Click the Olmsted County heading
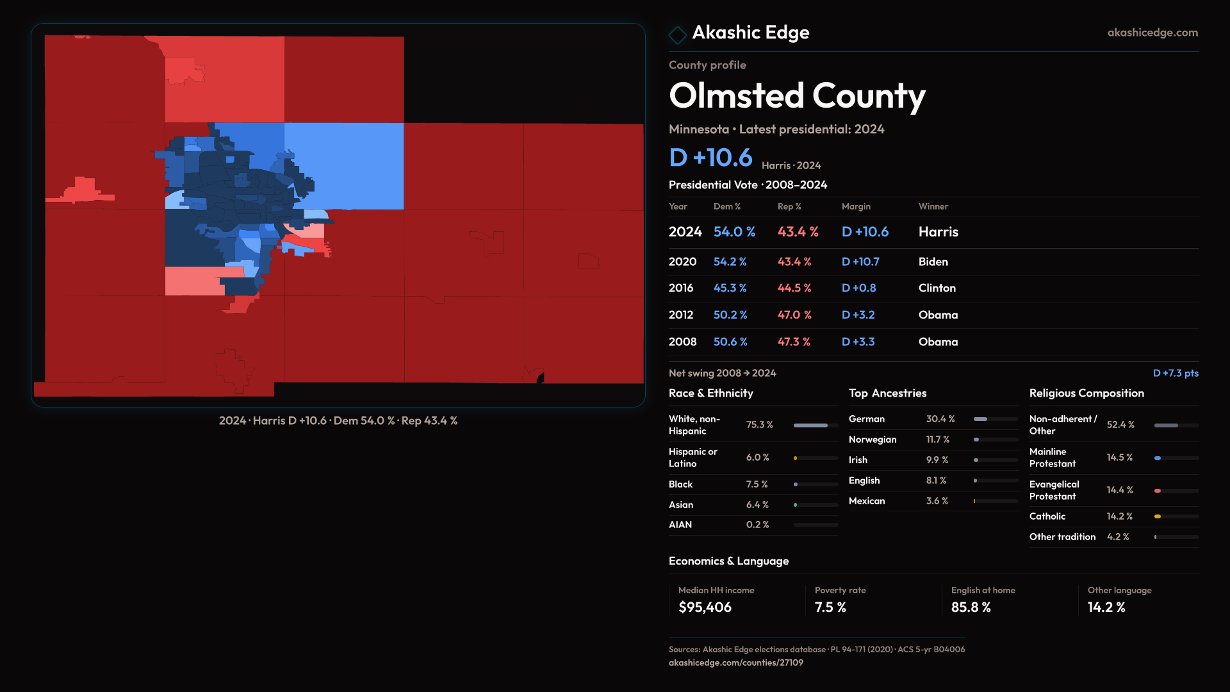pos(797,96)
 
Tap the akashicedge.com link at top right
pos(1152,33)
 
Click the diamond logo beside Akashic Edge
pos(677,35)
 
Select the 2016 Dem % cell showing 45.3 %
pos(730,288)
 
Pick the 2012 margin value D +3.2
pos(858,315)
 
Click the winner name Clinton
pos(937,288)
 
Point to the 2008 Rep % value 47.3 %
pos(794,342)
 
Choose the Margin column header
pos(856,206)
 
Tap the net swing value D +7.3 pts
pos(1175,373)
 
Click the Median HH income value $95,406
pos(705,607)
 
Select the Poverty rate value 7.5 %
pos(830,607)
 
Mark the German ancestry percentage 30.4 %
pos(940,419)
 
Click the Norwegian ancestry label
pos(872,440)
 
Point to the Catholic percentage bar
pos(1176,516)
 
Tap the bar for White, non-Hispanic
pos(815,425)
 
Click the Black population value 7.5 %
pos(757,484)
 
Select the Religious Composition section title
pos(1086,393)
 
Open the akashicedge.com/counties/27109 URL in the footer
pos(735,663)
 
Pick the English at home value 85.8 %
pos(971,607)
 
